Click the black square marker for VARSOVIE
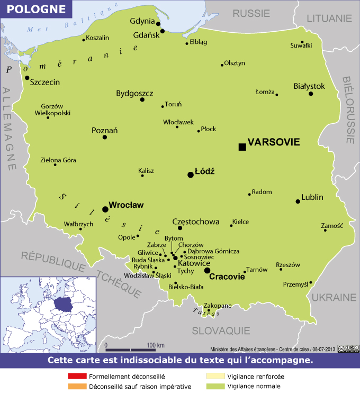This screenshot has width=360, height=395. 242,146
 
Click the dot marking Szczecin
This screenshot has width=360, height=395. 27,78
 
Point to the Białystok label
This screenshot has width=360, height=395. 309,86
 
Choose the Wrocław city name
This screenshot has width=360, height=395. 126,205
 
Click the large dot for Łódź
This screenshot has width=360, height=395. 191,175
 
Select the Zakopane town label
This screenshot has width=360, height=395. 218,306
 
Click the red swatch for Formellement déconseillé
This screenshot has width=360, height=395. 77,377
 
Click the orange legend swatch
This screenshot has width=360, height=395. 77,387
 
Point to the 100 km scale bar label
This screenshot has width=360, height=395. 156,345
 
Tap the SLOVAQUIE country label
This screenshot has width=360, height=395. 220,330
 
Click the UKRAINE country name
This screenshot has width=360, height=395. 334,297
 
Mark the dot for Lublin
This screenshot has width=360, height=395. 298,201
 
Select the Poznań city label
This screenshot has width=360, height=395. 105,130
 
